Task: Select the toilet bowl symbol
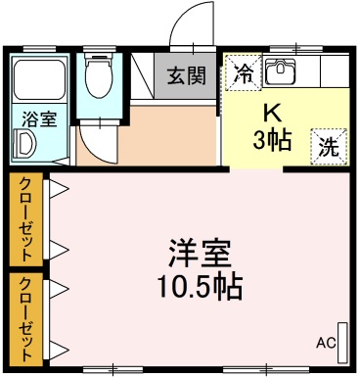pyautogui.click(x=98, y=78)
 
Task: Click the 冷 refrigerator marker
pyautogui.click(x=243, y=71)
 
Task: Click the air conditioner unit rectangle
pyautogui.click(x=342, y=338)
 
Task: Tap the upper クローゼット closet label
pyautogui.click(x=26, y=218)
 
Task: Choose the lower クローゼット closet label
pyautogui.click(x=26, y=317)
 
